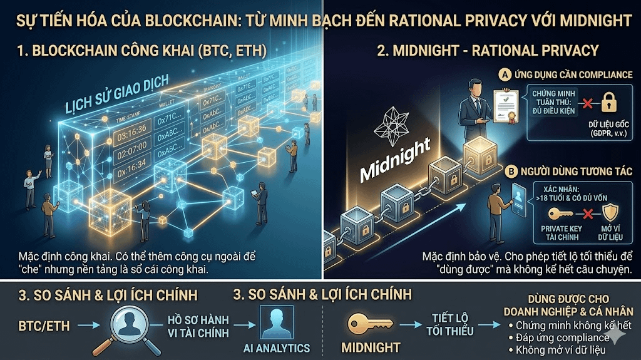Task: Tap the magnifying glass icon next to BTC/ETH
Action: pos(133,326)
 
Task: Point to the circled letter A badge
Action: pos(502,75)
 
